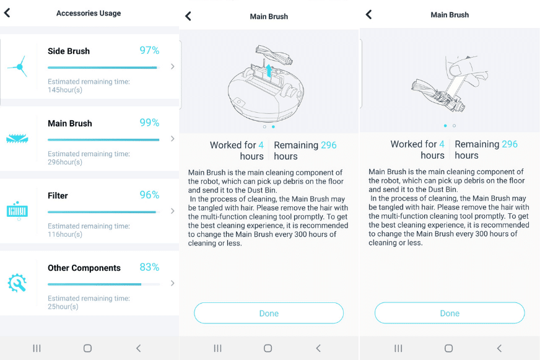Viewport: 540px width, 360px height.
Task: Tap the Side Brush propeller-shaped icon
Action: click(17, 66)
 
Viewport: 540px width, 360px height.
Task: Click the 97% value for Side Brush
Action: click(149, 51)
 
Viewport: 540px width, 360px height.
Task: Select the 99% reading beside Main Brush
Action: click(149, 123)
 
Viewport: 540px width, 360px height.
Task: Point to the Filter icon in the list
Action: click(17, 211)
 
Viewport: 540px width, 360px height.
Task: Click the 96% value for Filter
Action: click(149, 195)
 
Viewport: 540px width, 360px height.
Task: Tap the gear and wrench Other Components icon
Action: click(17, 283)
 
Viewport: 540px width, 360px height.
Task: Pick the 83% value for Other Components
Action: click(149, 267)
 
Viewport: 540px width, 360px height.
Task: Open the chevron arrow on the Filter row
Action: click(172, 211)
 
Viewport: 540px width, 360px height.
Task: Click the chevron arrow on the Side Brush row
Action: click(172, 66)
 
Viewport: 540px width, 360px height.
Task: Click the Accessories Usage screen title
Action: click(89, 13)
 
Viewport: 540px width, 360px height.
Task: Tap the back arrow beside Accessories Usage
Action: click(7, 13)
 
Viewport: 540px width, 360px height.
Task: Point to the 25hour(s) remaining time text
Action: click(63, 307)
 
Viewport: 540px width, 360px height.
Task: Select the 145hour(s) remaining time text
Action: click(65, 90)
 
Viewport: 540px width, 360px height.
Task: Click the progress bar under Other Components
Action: click(103, 284)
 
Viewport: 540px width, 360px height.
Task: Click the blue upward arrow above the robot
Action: click(269, 71)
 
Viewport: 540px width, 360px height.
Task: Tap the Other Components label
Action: click(84, 268)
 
